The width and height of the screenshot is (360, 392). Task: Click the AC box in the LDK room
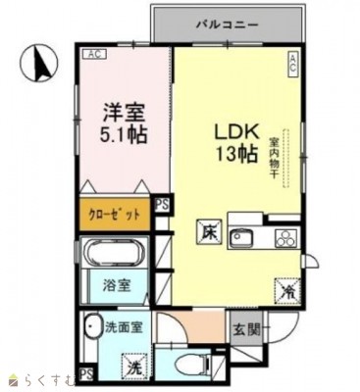(x=291, y=64)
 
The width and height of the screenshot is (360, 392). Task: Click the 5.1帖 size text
(x=123, y=135)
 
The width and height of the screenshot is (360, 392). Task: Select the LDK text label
(x=236, y=131)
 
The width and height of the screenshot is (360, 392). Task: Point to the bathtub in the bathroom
(x=113, y=256)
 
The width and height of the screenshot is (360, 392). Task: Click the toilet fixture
(x=193, y=366)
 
